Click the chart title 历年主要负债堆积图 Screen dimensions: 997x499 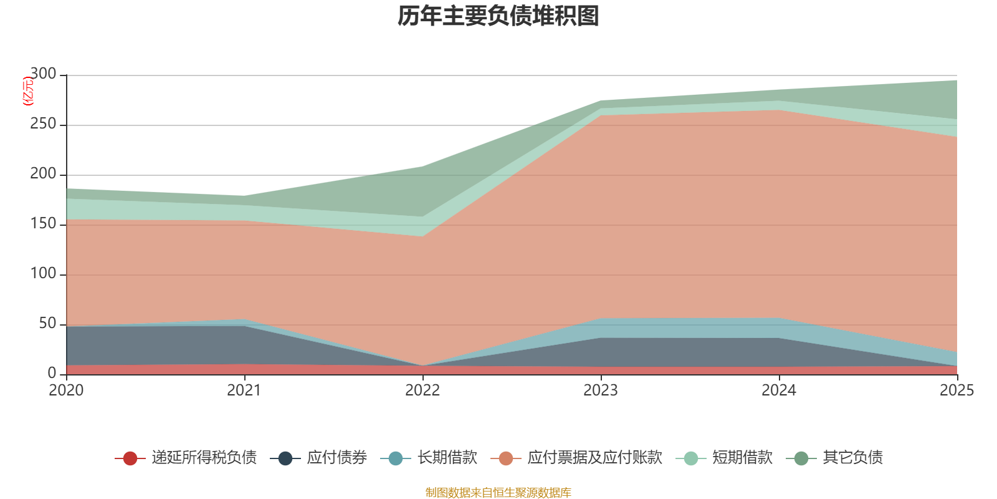coord(498,16)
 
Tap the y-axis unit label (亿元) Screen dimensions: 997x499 coord(28,91)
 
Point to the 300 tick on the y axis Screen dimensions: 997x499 coord(43,74)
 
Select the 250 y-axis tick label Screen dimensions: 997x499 coord(43,124)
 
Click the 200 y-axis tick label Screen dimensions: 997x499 coord(43,173)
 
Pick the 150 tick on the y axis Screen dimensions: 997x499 coord(43,223)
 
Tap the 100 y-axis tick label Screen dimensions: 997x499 coord(43,273)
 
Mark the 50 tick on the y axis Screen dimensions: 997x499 coord(47,323)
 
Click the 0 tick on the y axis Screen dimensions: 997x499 coord(52,373)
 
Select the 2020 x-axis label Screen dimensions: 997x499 coord(66,390)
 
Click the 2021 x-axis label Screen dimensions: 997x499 coord(244,390)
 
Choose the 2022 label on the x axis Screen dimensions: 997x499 coord(422,390)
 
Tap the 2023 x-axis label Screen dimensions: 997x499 coord(601,390)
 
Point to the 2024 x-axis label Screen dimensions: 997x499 coord(779,390)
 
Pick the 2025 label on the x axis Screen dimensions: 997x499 coord(957,390)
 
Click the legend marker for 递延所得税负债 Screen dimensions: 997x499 coord(130,458)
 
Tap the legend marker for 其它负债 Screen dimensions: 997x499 coord(801,458)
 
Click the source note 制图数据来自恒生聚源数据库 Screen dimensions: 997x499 coord(498,492)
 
